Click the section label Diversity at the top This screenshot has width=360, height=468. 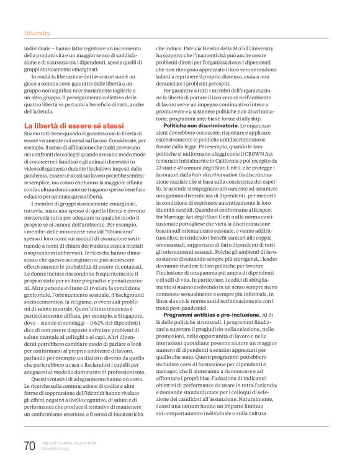point(37,32)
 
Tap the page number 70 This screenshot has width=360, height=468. point(29,446)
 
